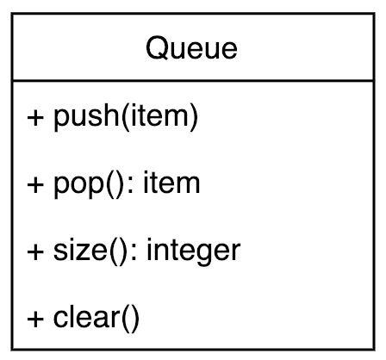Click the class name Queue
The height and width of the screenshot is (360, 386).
[x=191, y=48]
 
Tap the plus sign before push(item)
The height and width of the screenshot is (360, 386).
[x=35, y=117]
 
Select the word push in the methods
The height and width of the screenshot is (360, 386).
[x=86, y=116]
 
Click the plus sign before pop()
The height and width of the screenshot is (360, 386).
[x=35, y=184]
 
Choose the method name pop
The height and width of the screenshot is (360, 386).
[x=78, y=185]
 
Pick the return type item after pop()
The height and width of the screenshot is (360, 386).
[x=171, y=183]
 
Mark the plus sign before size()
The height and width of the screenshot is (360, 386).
[x=35, y=251]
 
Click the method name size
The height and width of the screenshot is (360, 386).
[x=79, y=250]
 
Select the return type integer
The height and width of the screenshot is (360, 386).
[x=194, y=251]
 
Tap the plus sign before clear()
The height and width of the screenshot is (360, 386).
[x=35, y=319]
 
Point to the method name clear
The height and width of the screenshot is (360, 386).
[x=86, y=317]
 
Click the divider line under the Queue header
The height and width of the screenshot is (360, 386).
[x=193, y=81]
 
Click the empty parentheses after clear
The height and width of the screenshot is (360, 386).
[x=130, y=319]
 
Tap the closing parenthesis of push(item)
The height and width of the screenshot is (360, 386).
[x=194, y=117]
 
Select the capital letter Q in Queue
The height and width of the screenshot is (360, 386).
[x=157, y=48]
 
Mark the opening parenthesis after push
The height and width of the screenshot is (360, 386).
[x=124, y=117]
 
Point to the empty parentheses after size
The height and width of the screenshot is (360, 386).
[x=117, y=252]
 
